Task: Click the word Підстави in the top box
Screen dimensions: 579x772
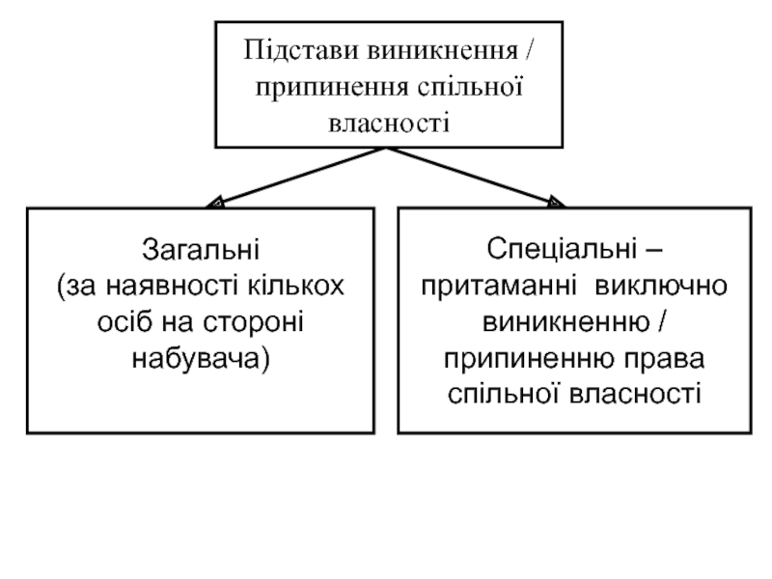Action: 281,48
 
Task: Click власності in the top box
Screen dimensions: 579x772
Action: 385,124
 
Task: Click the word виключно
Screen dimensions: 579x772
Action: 651,289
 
